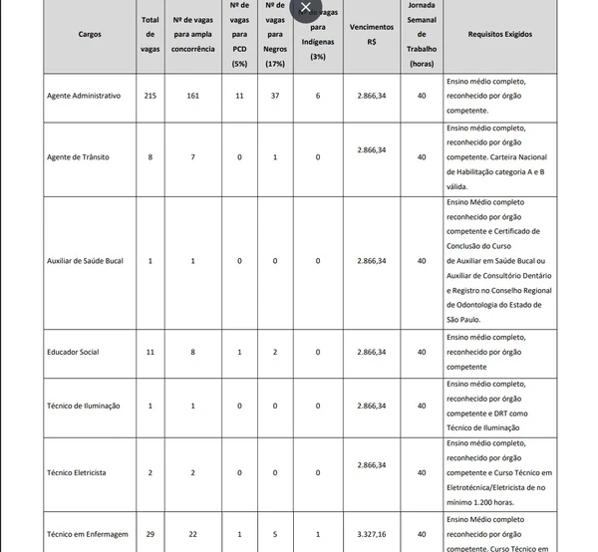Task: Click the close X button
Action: point(306,8)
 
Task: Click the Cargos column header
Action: point(89,34)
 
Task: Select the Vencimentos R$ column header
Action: point(371,34)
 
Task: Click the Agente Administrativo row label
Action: point(84,96)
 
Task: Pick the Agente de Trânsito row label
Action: point(78,157)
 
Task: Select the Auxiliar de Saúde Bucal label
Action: point(85,260)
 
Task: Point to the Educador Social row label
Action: point(73,352)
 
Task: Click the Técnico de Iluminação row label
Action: point(84,406)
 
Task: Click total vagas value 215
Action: point(150,96)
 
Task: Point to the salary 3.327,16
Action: point(371,534)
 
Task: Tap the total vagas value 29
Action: point(150,534)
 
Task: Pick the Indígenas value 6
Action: point(318,96)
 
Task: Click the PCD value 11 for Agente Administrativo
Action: point(239,96)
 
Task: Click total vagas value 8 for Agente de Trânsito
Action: point(150,157)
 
